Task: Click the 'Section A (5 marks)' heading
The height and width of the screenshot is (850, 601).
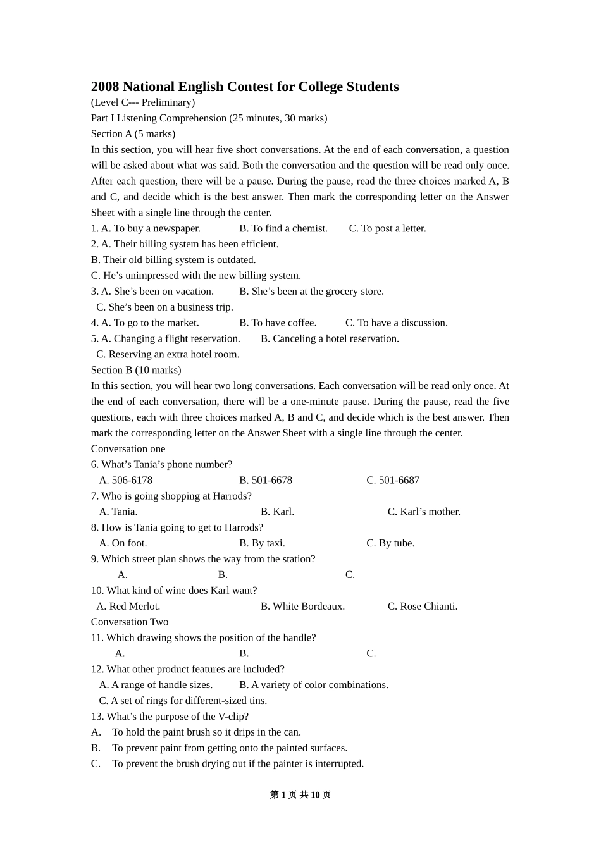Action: pos(133,133)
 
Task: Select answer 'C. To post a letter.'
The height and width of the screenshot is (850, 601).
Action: pos(387,228)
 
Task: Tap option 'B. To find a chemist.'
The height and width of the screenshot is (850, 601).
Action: pos(283,228)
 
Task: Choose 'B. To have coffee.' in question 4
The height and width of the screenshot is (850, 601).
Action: pos(278,323)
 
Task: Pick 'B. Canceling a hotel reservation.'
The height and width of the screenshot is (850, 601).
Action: pos(330,338)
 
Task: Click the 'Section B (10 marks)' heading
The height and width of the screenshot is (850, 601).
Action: pos(136,370)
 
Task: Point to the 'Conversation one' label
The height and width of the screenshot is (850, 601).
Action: pos(128,448)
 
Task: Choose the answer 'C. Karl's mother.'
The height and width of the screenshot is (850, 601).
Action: pos(424,512)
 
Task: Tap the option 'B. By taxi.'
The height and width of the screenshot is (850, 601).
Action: pos(262,543)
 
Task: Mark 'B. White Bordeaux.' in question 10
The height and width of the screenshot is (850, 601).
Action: pos(302,606)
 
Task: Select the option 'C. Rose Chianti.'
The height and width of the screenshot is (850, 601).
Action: pos(423,606)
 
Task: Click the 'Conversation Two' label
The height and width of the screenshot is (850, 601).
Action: pos(130,622)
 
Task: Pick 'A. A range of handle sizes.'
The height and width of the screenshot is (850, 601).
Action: pos(156,685)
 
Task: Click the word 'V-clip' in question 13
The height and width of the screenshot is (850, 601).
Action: pos(232,717)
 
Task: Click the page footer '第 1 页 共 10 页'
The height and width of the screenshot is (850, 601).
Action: pos(300,794)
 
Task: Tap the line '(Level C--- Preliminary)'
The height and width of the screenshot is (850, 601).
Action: pos(143,102)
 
